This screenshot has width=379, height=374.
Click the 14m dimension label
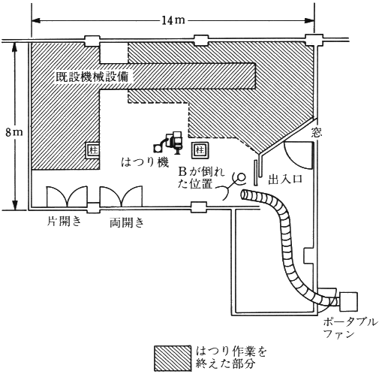(173, 20)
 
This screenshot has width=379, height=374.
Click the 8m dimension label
(14, 132)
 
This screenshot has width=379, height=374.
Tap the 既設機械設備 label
(92, 77)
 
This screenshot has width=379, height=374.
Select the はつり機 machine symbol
(169, 142)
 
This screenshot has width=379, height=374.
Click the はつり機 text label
(145, 162)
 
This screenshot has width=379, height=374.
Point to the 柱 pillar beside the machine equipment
(93, 150)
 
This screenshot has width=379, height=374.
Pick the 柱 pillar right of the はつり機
(200, 150)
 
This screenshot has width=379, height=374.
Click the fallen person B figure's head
(242, 177)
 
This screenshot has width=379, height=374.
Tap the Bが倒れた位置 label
(200, 179)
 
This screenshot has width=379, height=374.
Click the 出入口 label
(286, 179)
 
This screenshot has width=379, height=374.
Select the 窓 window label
(317, 132)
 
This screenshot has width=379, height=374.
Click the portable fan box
(348, 302)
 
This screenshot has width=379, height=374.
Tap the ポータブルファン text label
(350, 328)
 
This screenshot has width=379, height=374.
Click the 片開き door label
(65, 222)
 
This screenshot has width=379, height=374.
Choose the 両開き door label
(127, 222)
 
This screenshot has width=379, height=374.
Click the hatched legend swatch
(172, 358)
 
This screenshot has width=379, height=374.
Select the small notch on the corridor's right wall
(309, 255)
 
